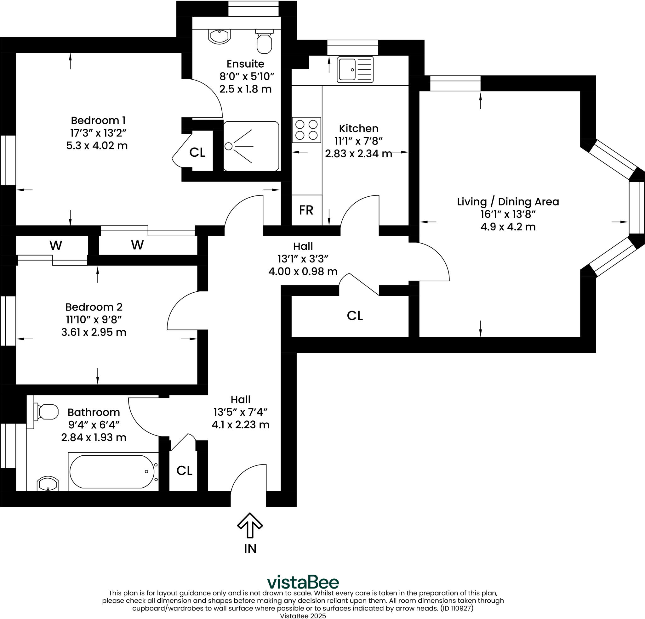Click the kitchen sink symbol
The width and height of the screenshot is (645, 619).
tap(355, 70)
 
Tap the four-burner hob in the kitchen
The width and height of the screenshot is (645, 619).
tap(306, 130)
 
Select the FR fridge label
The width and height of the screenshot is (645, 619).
tap(306, 210)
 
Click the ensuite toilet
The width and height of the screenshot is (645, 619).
tap(264, 42)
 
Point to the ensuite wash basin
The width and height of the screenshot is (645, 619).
tap(219, 37)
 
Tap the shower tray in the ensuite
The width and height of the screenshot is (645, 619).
tap(251, 146)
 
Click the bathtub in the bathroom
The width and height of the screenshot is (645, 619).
tap(112, 472)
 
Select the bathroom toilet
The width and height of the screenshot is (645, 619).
tap(47, 412)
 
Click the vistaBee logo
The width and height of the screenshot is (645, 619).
tap(303, 582)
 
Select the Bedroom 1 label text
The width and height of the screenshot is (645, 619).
tap(98, 121)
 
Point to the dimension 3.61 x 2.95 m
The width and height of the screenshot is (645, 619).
tap(94, 332)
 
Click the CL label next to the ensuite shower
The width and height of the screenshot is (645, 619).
tap(197, 152)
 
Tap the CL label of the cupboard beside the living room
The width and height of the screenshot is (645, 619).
tap(355, 316)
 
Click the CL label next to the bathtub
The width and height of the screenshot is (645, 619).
tap(184, 471)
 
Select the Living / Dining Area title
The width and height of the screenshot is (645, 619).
tap(508, 202)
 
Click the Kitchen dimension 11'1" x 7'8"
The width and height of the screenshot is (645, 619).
tap(358, 141)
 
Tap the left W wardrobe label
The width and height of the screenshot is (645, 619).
tap(56, 245)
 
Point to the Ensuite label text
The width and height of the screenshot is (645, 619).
tap(245, 64)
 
